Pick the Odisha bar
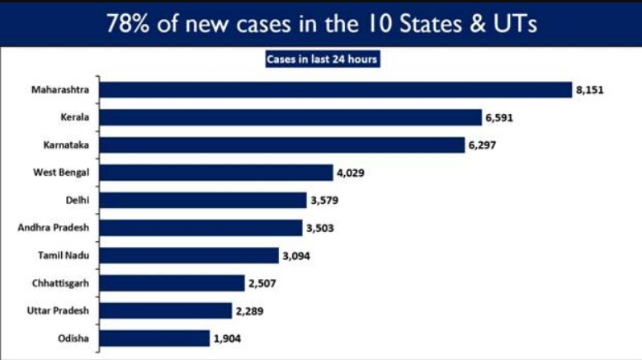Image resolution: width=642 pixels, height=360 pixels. [153, 338]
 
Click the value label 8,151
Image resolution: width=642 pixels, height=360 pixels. [591, 89]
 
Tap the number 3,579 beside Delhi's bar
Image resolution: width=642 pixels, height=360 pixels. [325, 201]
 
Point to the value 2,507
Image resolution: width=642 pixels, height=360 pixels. [263, 283]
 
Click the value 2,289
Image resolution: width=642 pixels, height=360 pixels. [250, 310]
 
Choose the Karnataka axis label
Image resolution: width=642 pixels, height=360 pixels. [66, 145]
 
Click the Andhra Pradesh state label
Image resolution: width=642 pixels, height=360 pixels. [54, 228]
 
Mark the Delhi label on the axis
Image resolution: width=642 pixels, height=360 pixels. [77, 201]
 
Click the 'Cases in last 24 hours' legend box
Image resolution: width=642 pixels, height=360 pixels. [322, 59]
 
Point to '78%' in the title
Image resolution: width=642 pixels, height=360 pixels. [131, 24]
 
